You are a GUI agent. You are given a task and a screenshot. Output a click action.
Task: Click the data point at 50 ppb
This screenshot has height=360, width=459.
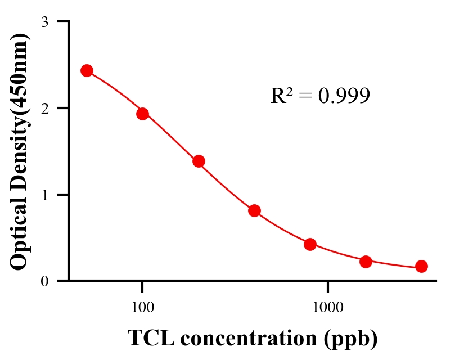click(87, 70)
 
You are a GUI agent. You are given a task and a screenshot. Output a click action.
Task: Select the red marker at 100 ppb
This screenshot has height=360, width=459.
click(142, 114)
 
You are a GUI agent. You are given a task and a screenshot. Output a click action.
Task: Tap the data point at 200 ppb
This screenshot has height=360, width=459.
click(199, 161)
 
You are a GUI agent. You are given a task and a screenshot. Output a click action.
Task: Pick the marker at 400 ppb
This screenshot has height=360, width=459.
click(254, 210)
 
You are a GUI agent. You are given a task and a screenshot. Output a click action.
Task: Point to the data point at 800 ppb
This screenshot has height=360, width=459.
click(310, 244)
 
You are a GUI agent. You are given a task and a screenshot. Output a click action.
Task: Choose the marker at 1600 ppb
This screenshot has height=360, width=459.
click(366, 262)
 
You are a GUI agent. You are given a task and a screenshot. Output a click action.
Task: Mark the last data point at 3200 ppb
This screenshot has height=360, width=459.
click(421, 266)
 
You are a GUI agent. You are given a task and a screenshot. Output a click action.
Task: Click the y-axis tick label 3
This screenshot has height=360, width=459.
click(44, 22)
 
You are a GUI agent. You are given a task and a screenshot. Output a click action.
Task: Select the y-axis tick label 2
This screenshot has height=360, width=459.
click(44, 108)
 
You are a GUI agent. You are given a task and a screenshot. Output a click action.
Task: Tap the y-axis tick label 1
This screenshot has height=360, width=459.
click(44, 195)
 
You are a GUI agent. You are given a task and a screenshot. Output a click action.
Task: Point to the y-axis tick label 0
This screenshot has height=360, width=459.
click(44, 281)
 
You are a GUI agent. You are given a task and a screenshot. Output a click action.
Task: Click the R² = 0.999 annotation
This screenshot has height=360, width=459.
click(319, 96)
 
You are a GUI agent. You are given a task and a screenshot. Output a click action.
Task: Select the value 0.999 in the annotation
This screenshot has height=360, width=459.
click(344, 96)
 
